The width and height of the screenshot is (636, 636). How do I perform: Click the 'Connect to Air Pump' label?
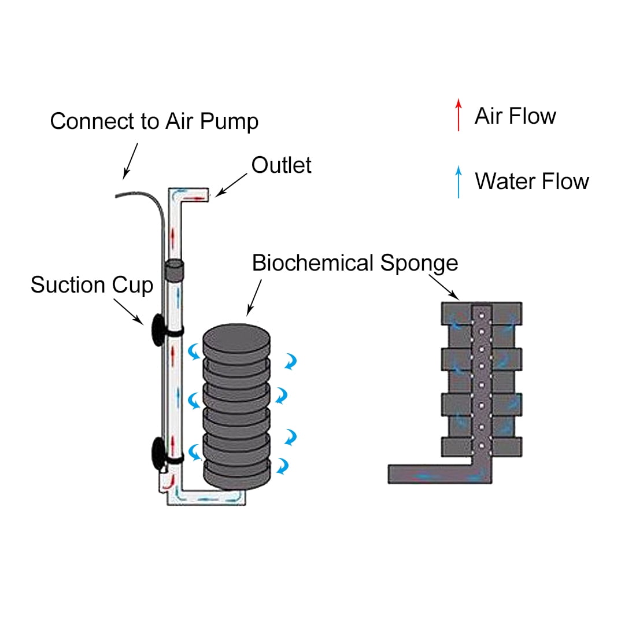(x=154, y=121)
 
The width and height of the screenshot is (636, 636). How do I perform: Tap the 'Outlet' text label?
(x=281, y=165)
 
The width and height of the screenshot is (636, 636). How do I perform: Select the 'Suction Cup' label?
(x=91, y=285)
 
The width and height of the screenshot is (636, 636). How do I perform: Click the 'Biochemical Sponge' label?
(x=355, y=263)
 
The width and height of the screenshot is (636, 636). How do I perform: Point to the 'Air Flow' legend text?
(x=515, y=116)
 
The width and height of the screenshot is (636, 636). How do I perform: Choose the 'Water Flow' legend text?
(x=531, y=181)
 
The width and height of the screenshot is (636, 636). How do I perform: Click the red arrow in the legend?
(x=458, y=114)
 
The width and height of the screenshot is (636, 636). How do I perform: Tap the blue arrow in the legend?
(x=458, y=182)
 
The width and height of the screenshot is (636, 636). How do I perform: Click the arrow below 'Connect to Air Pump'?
(x=131, y=160)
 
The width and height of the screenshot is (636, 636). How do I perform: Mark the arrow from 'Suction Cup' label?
(x=128, y=310)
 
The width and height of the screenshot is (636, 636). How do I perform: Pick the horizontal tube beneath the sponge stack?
(x=208, y=497)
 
